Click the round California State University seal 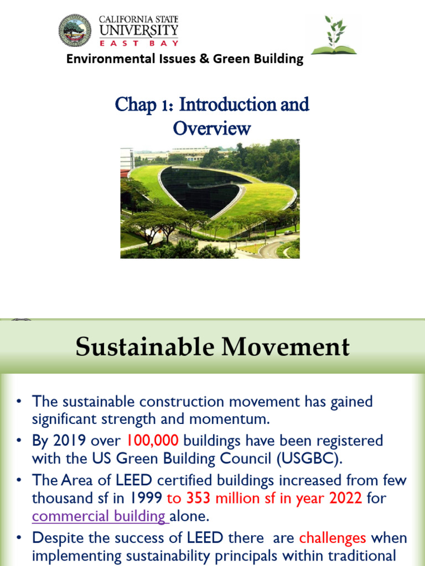pos(75,31)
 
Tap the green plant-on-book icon pos(334,35)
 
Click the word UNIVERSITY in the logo pos(138,30)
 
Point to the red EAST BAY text pos(138,42)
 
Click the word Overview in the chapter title pos(212,128)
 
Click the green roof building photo pos(210,198)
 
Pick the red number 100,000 pos(153,441)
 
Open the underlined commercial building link pos(100,516)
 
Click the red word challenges pos(333,538)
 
